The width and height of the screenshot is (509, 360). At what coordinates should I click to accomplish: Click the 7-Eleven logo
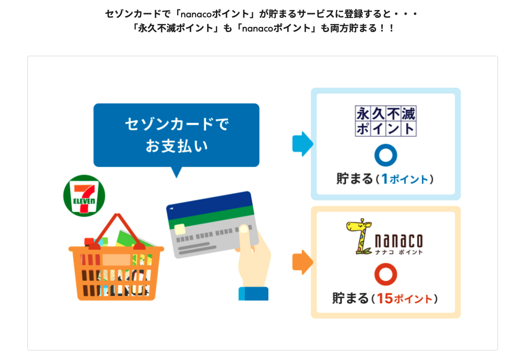pyautogui.click(x=84, y=196)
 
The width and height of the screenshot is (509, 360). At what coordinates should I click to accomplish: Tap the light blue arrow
pyautogui.click(x=303, y=144)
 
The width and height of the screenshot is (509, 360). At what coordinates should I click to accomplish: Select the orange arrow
pyautogui.click(x=303, y=262)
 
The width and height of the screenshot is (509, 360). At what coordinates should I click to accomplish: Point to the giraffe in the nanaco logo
pyautogui.click(x=359, y=236)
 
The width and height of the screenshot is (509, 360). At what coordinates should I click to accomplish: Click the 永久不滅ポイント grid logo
pyautogui.click(x=386, y=121)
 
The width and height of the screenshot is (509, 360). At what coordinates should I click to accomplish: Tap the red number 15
pyautogui.click(x=385, y=299)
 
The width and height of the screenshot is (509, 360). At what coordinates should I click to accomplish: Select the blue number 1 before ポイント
pyautogui.click(x=385, y=179)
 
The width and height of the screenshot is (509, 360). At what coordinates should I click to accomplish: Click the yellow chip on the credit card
pyautogui.click(x=180, y=229)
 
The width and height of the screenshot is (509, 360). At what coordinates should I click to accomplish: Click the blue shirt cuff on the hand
pyautogui.click(x=254, y=294)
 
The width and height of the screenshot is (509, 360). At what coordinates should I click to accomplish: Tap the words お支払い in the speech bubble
pyautogui.click(x=176, y=146)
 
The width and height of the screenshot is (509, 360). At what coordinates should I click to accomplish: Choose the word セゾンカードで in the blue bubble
pyautogui.click(x=177, y=124)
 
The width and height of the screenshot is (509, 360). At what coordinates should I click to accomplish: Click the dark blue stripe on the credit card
pyautogui.click(x=210, y=205)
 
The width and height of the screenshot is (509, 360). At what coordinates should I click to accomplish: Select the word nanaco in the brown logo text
pyautogui.click(x=399, y=241)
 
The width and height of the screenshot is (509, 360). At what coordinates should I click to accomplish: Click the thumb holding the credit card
pyautogui.click(x=245, y=237)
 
